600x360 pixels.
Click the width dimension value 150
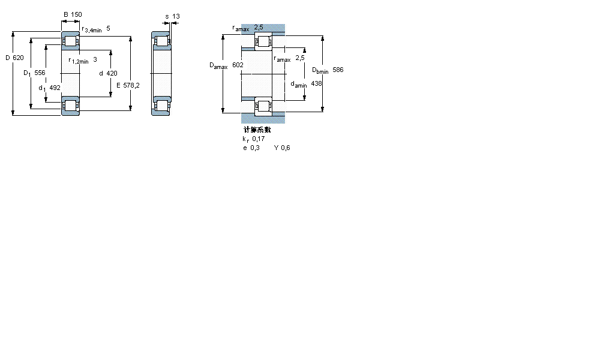tap(76, 14)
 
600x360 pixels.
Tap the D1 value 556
tap(40, 73)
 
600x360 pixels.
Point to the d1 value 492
tap(55, 88)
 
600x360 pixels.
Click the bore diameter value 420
tap(112, 73)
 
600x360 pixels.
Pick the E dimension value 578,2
tap(131, 85)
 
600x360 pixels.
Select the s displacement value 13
tap(176, 16)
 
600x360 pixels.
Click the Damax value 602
tap(238, 65)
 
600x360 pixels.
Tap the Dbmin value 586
tap(338, 70)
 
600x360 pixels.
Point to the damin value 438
tap(317, 84)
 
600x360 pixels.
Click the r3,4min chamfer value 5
tap(108, 28)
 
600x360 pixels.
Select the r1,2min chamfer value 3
tap(95, 59)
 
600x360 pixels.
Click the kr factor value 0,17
tap(258, 139)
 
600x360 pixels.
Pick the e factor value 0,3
tap(256, 148)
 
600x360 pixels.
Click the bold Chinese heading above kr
tap(257, 130)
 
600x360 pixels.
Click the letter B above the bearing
tap(65, 14)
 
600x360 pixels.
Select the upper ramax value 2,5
tap(259, 27)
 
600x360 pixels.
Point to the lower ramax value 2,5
tap(300, 58)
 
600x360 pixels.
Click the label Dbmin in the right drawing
tap(320, 71)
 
